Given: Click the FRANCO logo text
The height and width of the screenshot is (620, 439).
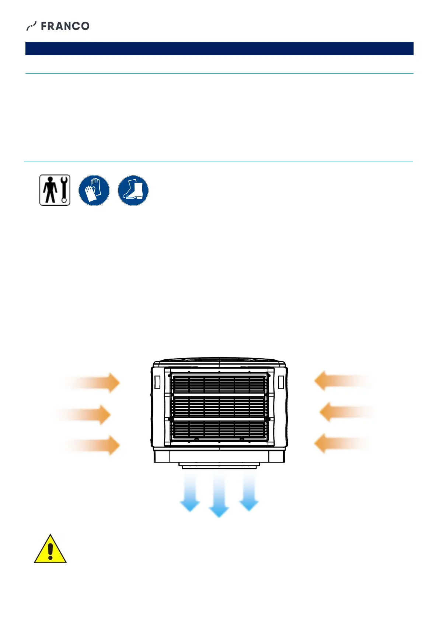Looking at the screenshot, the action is click(65, 26).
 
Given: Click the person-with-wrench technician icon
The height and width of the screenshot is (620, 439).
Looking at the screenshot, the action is click(55, 190).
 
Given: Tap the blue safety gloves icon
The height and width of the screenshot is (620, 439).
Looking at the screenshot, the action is click(94, 190).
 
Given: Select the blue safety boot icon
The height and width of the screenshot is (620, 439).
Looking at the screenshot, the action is click(133, 190).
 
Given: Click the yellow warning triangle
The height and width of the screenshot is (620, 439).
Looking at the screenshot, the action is click(50, 550).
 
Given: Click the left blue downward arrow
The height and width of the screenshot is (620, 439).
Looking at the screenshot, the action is click(190, 493).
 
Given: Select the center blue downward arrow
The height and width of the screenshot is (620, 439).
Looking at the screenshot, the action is click(219, 497).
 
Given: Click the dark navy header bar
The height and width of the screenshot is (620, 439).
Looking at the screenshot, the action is click(219, 49).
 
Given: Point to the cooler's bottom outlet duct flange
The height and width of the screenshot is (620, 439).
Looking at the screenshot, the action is click(219, 466).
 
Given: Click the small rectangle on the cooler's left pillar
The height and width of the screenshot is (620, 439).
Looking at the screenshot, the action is click(157, 382).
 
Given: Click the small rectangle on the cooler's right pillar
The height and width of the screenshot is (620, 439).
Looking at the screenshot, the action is click(281, 382).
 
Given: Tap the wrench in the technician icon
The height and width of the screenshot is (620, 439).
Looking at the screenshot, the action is click(65, 190).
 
